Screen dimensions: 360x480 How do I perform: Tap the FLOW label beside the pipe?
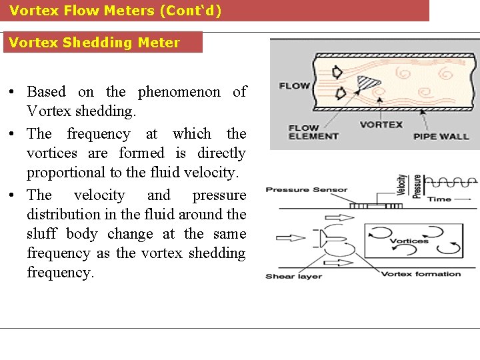(294, 85)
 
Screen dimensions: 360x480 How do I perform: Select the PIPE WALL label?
(441, 136)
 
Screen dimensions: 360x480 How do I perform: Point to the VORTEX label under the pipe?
(381, 124)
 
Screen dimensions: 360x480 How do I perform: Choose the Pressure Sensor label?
(307, 190)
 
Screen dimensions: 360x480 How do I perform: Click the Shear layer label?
(294, 276)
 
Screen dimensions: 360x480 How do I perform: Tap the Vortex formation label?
(421, 274)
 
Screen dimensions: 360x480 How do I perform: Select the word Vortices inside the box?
(409, 241)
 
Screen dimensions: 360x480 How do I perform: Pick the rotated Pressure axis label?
(417, 187)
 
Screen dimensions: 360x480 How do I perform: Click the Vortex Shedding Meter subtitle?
(94, 43)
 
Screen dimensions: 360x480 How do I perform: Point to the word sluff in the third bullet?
(41, 234)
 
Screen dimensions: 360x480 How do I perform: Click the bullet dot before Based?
(15, 92)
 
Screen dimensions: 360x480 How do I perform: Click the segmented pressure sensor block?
(367, 206)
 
